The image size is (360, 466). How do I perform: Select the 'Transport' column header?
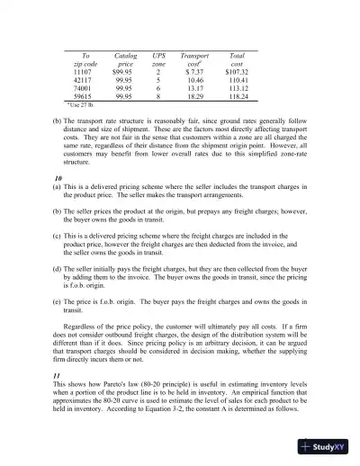195,55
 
